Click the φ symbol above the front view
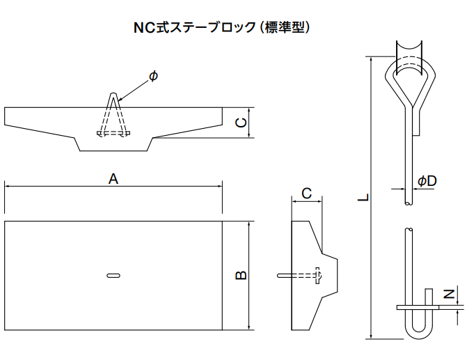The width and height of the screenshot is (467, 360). tap(153, 76)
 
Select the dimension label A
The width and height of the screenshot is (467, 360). tap(113, 179)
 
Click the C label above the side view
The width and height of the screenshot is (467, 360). tap(306, 193)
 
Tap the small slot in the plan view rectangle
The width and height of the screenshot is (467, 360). tap(113, 276)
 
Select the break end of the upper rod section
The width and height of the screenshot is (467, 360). tap(408, 203)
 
